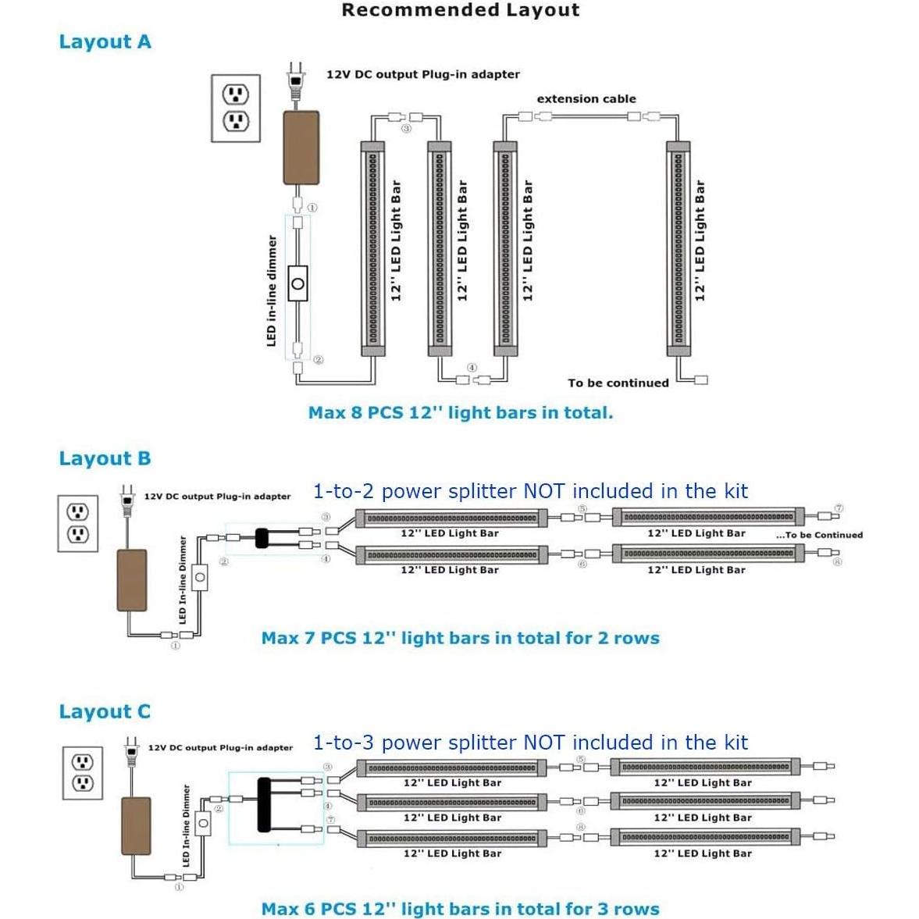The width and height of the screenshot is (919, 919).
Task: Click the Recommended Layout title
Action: click(461, 11)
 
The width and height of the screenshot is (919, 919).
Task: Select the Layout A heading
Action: click(105, 42)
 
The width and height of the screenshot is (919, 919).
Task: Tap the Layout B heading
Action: click(105, 458)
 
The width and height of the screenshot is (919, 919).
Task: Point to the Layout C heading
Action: click(105, 711)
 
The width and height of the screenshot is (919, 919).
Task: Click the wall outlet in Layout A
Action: click(236, 108)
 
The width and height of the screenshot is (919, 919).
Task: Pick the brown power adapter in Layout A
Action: click(301, 147)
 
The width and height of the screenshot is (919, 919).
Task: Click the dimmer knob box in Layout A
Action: click(297, 283)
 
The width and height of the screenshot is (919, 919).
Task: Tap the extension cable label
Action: click(586, 99)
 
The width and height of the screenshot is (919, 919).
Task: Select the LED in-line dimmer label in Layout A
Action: click(272, 290)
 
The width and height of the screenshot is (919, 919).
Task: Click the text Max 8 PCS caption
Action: click(461, 412)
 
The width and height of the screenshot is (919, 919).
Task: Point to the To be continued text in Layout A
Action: click(618, 383)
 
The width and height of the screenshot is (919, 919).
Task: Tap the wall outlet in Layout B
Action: click(77, 523)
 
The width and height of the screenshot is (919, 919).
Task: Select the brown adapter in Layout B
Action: click(131, 580)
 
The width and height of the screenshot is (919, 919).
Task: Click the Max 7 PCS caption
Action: click(460, 638)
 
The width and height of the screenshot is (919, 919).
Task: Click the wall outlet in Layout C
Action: click(82, 772)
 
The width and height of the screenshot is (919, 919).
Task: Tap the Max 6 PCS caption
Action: click(460, 909)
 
